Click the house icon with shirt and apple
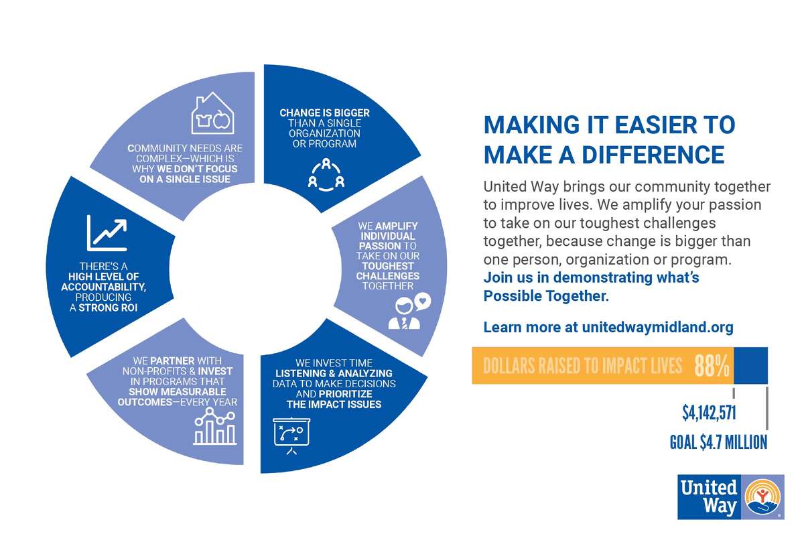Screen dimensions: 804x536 [x=212, y=113]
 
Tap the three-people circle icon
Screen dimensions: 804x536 [x=326, y=175]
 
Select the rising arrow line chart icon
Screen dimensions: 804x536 [x=107, y=233]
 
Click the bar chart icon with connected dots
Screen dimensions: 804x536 [x=214, y=427]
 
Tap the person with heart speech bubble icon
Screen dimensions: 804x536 [x=409, y=312]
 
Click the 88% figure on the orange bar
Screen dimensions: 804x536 [x=712, y=366]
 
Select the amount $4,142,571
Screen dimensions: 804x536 [x=709, y=413]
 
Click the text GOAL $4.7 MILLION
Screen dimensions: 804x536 [x=718, y=442]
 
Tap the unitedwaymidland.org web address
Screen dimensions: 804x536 [x=657, y=328]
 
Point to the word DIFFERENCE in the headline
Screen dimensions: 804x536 [x=653, y=155]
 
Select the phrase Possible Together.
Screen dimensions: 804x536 [x=546, y=296]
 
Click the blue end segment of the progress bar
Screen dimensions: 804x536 [x=750, y=365]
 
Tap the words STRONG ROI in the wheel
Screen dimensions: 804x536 [x=108, y=308]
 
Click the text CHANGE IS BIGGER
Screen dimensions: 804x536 [x=324, y=113]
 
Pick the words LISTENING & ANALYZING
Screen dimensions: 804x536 [x=334, y=373]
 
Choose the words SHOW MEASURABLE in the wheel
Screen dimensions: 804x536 [x=178, y=392]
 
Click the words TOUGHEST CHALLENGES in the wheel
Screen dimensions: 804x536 [x=388, y=271]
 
